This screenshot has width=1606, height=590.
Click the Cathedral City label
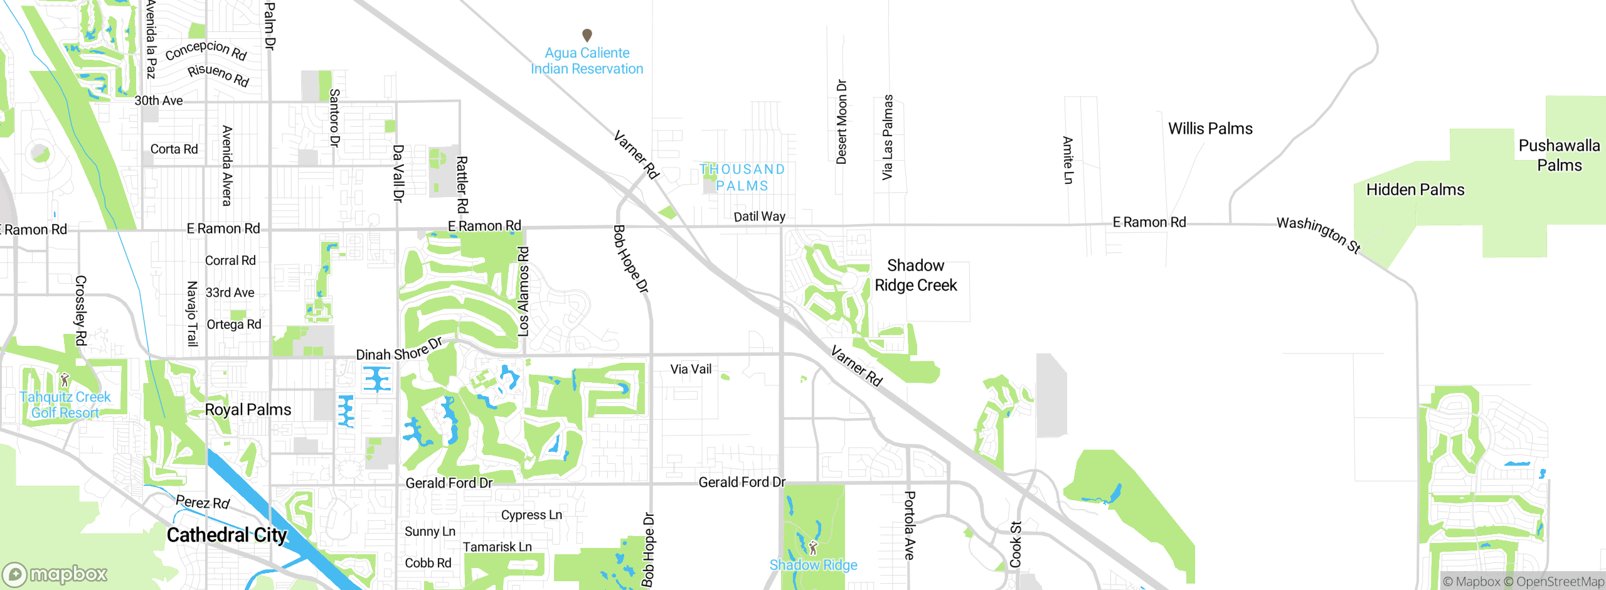coord(226,535)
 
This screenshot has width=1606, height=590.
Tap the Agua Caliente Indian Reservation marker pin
coord(587,35)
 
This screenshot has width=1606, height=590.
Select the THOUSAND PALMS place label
coord(742,178)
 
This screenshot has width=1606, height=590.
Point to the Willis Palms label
coord(1210,129)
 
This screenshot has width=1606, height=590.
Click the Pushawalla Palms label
coord(1559,155)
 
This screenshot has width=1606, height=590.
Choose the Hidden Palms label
coord(1415,190)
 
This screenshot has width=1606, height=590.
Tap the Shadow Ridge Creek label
coord(916,276)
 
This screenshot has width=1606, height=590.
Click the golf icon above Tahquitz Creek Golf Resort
coord(65,380)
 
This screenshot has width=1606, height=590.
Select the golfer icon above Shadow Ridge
coord(814,547)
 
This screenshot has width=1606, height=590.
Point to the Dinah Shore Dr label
coord(400,350)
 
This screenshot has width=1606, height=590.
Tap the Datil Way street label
coord(759,217)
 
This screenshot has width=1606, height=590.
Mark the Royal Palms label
coord(248,410)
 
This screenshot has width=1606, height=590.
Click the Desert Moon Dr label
coord(841,122)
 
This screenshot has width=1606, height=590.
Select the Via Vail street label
coord(691,369)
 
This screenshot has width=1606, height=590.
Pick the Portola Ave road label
coord(909,525)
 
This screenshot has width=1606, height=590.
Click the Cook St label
coord(1016,544)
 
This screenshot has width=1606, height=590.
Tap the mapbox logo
coord(55,574)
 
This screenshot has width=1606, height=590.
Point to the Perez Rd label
coord(203,502)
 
